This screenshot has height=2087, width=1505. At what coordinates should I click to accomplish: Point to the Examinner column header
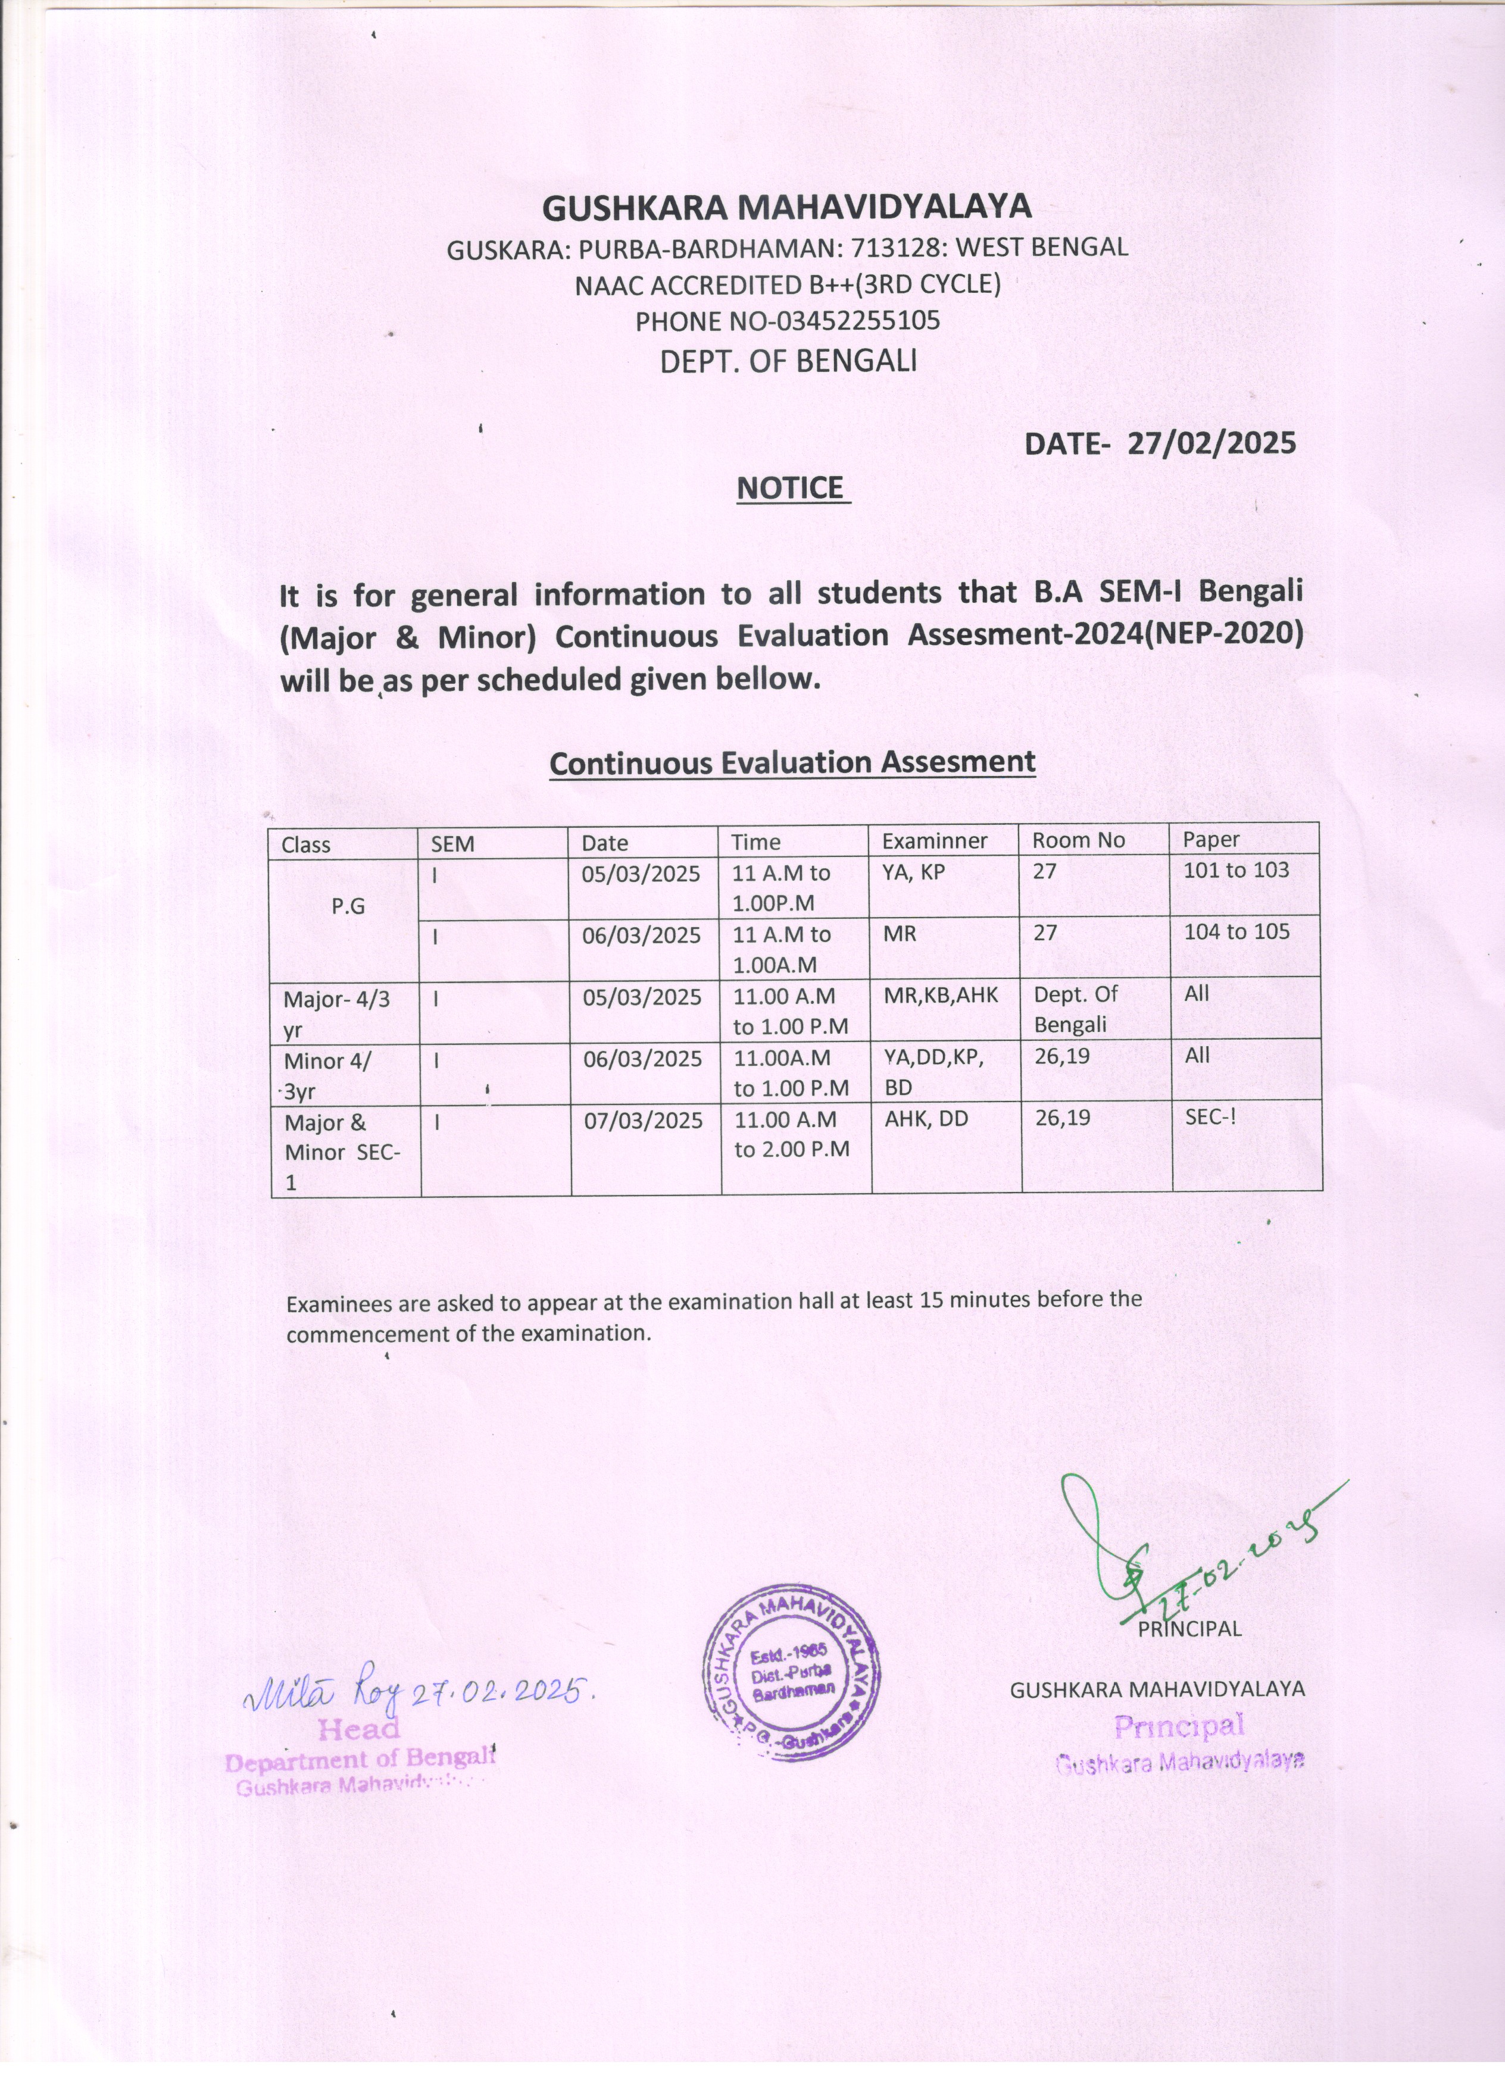click(x=934, y=841)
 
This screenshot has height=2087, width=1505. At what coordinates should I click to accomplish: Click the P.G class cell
click(x=348, y=906)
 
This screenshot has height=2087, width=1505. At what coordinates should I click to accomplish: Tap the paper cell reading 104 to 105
click(x=1237, y=932)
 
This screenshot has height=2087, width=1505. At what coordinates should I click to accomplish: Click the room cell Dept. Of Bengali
click(x=1075, y=1009)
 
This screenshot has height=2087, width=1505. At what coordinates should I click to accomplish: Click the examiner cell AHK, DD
click(x=926, y=1119)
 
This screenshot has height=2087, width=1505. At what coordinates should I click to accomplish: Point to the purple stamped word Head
click(x=359, y=1730)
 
